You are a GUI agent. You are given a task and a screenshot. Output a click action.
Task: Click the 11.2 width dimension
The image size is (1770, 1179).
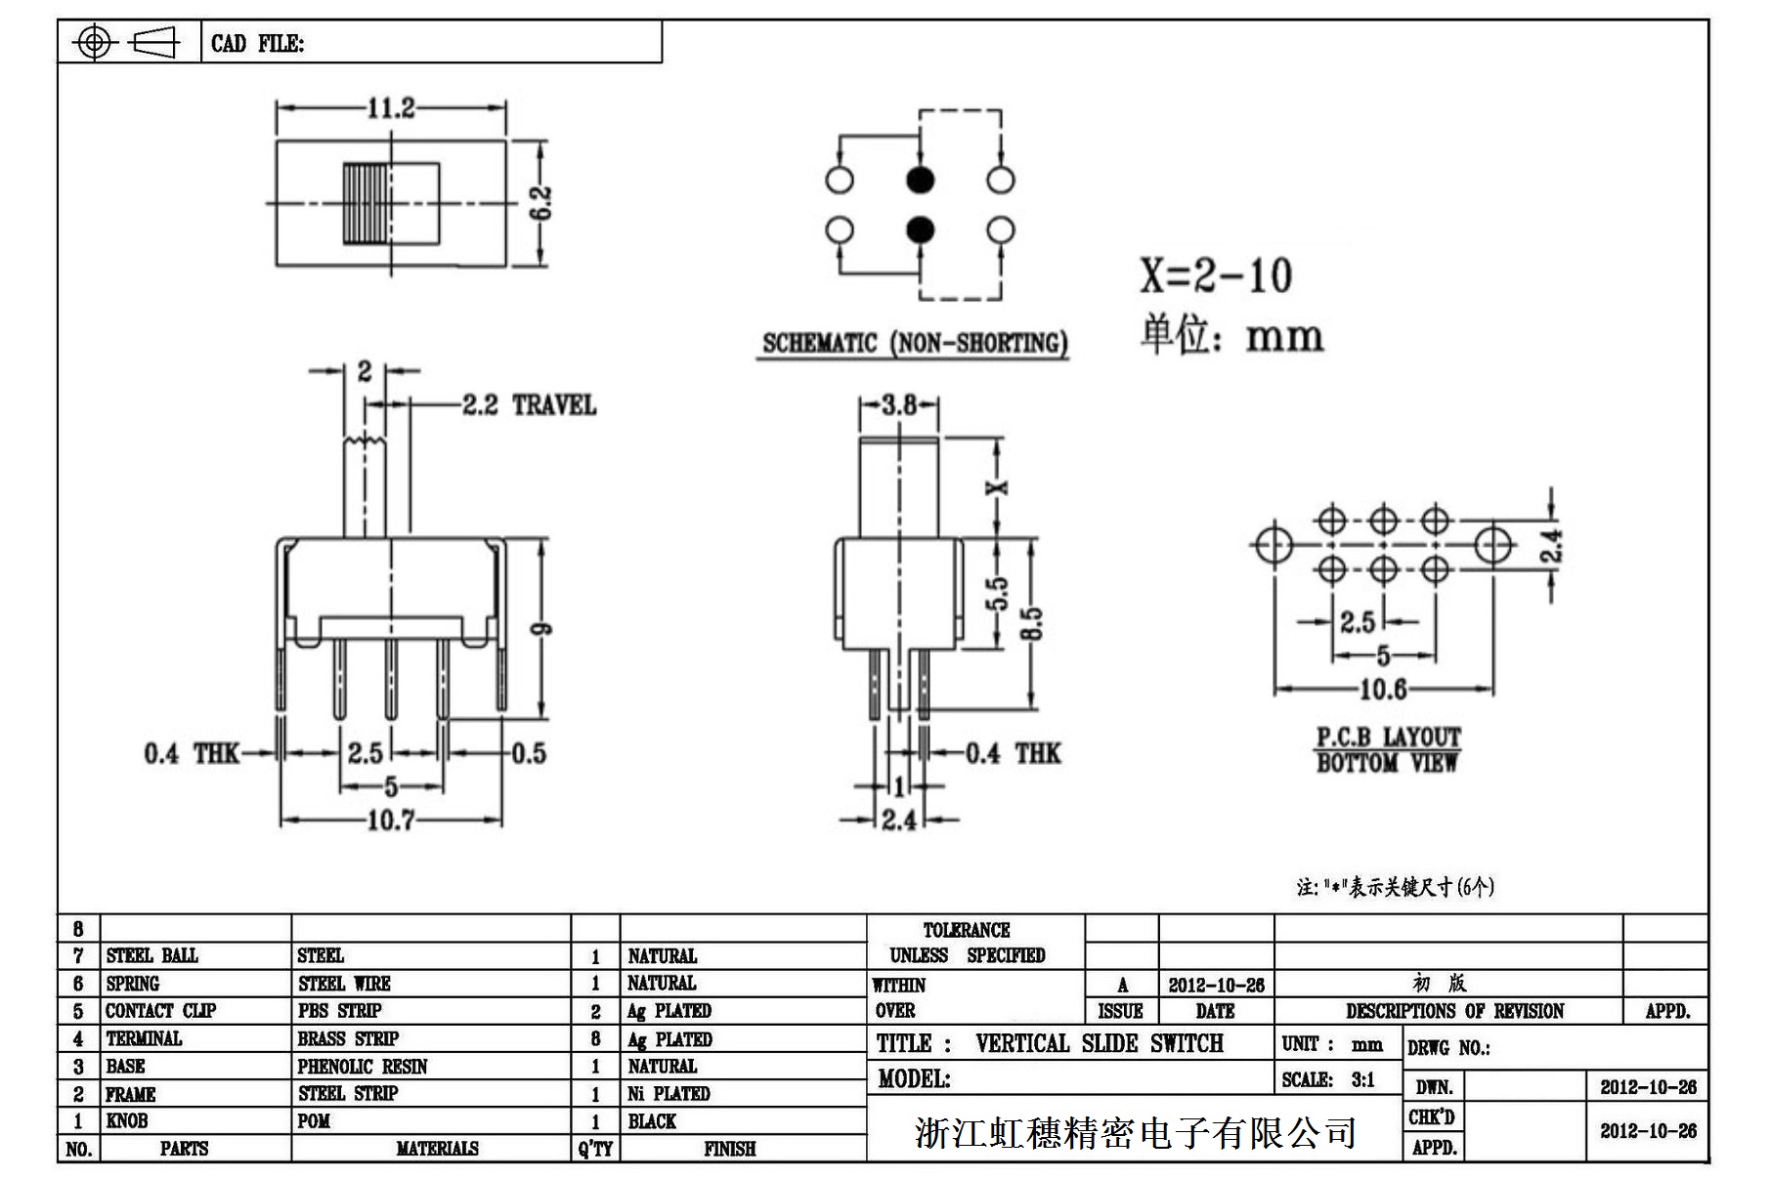click(390, 107)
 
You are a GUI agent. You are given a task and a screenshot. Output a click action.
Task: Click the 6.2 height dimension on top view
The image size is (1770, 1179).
click(543, 203)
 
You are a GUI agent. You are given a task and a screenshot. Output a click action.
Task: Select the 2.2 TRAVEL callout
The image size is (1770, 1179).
click(528, 405)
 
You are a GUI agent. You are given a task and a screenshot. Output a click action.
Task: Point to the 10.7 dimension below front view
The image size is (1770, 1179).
click(390, 820)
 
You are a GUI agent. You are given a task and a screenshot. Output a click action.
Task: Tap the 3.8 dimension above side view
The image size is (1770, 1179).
click(899, 404)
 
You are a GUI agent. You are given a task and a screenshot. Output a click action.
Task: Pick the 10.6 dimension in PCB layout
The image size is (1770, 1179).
click(1383, 690)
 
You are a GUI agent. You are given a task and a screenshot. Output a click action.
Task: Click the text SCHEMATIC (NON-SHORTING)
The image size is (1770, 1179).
click(914, 344)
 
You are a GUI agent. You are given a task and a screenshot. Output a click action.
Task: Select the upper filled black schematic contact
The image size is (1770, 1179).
click(920, 180)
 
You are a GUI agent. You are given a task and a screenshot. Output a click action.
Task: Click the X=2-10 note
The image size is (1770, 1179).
click(1216, 276)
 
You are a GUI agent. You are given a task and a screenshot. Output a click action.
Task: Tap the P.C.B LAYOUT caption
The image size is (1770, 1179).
click(1388, 737)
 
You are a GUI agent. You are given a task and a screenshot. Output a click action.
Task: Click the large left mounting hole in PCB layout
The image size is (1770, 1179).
click(1274, 545)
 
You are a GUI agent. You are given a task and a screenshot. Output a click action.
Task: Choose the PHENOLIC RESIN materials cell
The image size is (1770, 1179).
click(363, 1067)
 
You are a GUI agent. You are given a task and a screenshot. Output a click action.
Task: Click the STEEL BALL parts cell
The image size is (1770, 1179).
click(151, 955)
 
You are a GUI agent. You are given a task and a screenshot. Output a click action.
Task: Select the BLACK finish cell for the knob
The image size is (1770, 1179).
click(652, 1121)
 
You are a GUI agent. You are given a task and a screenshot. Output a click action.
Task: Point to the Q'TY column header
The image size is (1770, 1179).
click(594, 1150)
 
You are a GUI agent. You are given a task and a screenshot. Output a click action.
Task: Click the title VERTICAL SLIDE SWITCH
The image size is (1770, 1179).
click(1099, 1044)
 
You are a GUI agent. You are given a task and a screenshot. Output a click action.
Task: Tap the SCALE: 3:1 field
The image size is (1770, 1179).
click(1328, 1079)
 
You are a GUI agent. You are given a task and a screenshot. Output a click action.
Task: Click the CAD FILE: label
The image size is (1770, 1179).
click(257, 44)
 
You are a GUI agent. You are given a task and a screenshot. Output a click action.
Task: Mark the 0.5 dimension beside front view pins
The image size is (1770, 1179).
click(529, 753)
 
